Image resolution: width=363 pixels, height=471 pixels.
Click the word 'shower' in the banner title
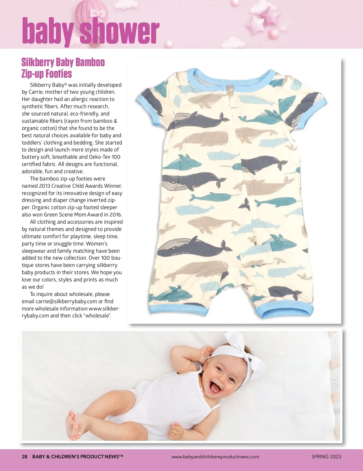(119, 31)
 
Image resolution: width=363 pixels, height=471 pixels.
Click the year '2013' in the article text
(44, 186)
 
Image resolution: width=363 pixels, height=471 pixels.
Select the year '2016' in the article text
(116, 215)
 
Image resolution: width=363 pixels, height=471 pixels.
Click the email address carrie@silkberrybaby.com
(66, 301)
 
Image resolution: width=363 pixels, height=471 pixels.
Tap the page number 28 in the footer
(25, 456)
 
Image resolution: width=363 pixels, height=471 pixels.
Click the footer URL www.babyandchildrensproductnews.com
(215, 457)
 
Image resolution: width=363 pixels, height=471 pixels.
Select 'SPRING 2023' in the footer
(326, 456)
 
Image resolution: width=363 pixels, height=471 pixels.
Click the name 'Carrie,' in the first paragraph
(36, 92)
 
